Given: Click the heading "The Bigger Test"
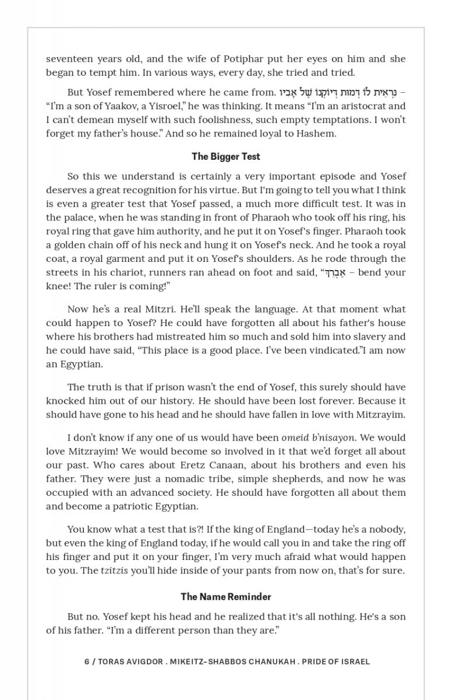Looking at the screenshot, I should (226, 156).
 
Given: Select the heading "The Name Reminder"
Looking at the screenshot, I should (226, 597).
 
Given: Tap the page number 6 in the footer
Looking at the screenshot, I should (87, 661).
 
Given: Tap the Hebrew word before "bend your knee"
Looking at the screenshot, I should (333, 272).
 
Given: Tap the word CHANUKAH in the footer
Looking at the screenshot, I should (270, 661).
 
